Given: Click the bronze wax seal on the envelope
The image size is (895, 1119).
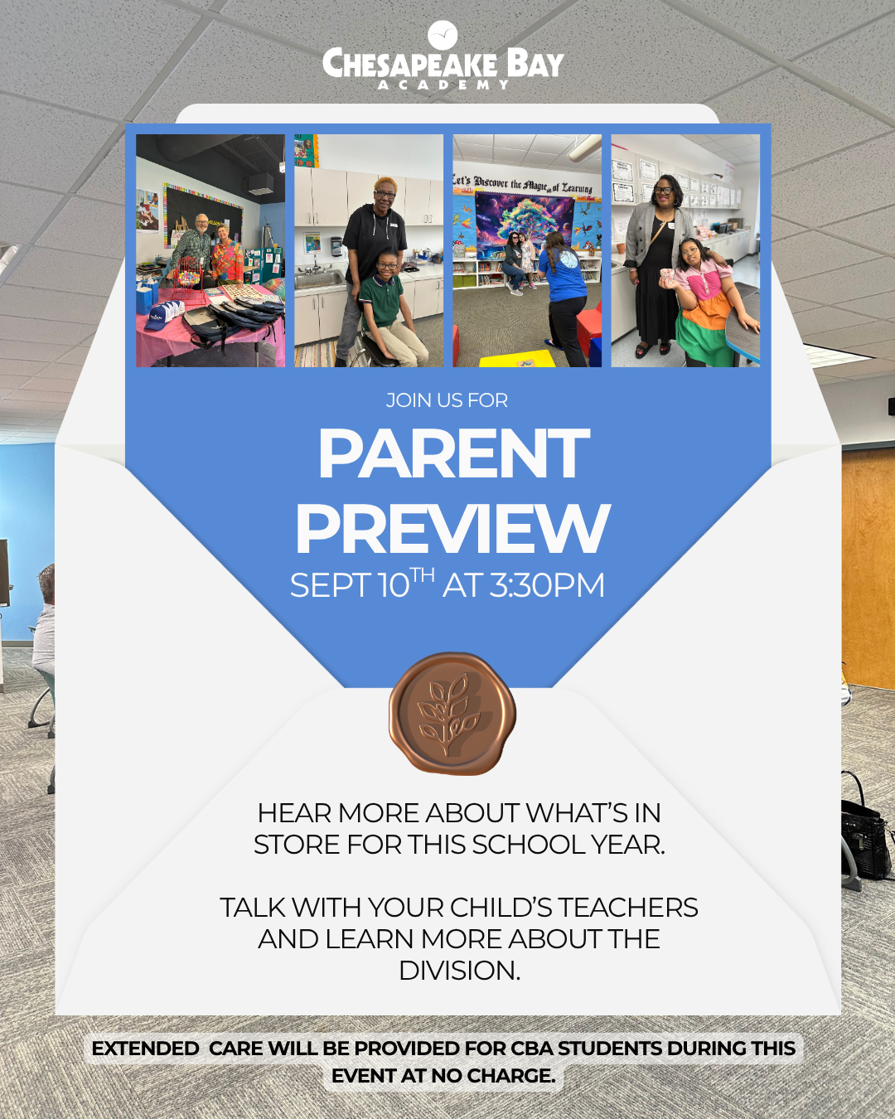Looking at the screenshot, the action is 452,713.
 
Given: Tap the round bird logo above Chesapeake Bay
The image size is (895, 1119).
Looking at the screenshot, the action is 443,35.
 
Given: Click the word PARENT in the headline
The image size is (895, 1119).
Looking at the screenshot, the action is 453,453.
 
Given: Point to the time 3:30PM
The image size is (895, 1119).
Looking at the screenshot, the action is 547,585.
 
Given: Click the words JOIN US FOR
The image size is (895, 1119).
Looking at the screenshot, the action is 447,400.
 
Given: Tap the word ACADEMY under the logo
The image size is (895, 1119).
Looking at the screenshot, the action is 443,85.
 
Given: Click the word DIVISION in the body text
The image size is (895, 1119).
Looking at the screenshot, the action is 460,971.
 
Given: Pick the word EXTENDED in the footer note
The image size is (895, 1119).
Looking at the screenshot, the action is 145,1049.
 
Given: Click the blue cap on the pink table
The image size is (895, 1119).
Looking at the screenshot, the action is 162,317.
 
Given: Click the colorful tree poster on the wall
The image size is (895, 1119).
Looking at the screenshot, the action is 525,226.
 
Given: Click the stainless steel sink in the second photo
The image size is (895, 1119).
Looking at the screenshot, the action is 318,280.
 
